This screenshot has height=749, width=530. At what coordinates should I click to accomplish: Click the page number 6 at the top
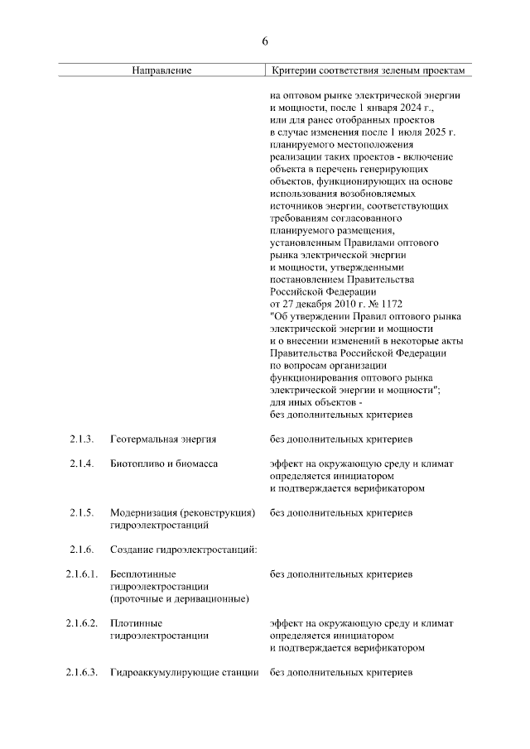(x=265, y=41)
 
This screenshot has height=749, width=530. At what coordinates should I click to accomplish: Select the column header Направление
(x=161, y=70)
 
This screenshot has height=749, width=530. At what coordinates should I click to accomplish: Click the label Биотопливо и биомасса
(x=164, y=464)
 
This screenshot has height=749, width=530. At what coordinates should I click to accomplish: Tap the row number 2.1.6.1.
(x=82, y=574)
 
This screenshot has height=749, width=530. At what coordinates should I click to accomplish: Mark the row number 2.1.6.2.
(x=82, y=622)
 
